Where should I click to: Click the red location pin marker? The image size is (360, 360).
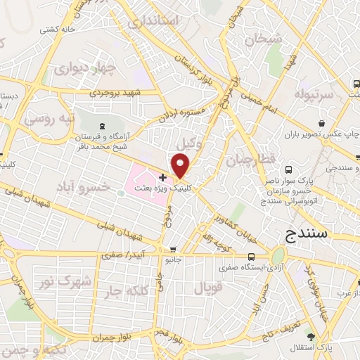181,167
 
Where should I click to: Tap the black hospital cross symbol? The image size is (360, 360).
162,177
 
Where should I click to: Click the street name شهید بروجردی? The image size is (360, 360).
117,92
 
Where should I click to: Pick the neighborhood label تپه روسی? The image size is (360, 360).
49,120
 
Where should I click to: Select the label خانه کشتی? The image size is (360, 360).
57,30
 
